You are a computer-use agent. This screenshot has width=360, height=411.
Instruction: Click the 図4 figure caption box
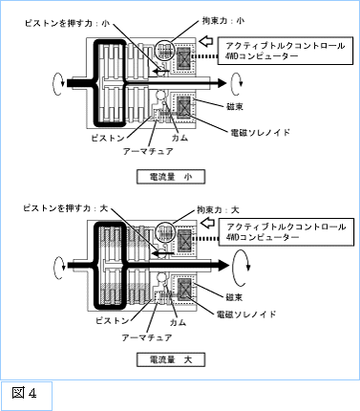tap(27, 396)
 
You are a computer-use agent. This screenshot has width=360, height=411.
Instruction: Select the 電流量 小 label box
tap(171, 177)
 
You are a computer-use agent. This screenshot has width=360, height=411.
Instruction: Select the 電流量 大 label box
tap(171, 360)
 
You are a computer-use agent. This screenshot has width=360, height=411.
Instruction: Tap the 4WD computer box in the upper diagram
tap(286, 51)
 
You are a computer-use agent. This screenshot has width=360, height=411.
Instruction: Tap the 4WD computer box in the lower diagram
tap(286, 232)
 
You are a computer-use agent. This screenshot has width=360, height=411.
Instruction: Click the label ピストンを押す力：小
tap(68, 24)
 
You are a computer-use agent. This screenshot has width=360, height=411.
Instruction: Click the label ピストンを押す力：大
tap(66, 208)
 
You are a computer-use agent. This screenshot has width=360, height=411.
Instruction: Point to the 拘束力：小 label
tap(223, 21)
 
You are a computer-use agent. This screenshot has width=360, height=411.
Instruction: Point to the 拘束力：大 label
tap(218, 210)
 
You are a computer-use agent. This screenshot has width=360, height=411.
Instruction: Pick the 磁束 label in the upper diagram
tap(235, 107)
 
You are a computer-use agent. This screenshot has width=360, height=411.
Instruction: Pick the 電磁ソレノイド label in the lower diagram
tap(246, 314)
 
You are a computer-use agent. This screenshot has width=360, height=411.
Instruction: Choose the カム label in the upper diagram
tap(180, 138)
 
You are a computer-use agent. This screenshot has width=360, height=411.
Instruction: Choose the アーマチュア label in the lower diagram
tap(147, 337)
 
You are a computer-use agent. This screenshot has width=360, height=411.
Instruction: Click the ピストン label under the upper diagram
tap(108, 138)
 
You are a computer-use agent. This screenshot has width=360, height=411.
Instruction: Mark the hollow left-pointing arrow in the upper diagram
tap(207, 41)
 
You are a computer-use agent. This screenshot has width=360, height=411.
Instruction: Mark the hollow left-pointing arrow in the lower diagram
tap(208, 223)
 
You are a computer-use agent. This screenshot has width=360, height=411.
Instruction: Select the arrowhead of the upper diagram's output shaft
tap(222, 83)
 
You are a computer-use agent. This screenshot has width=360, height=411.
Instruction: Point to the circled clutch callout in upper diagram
tap(164, 51)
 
